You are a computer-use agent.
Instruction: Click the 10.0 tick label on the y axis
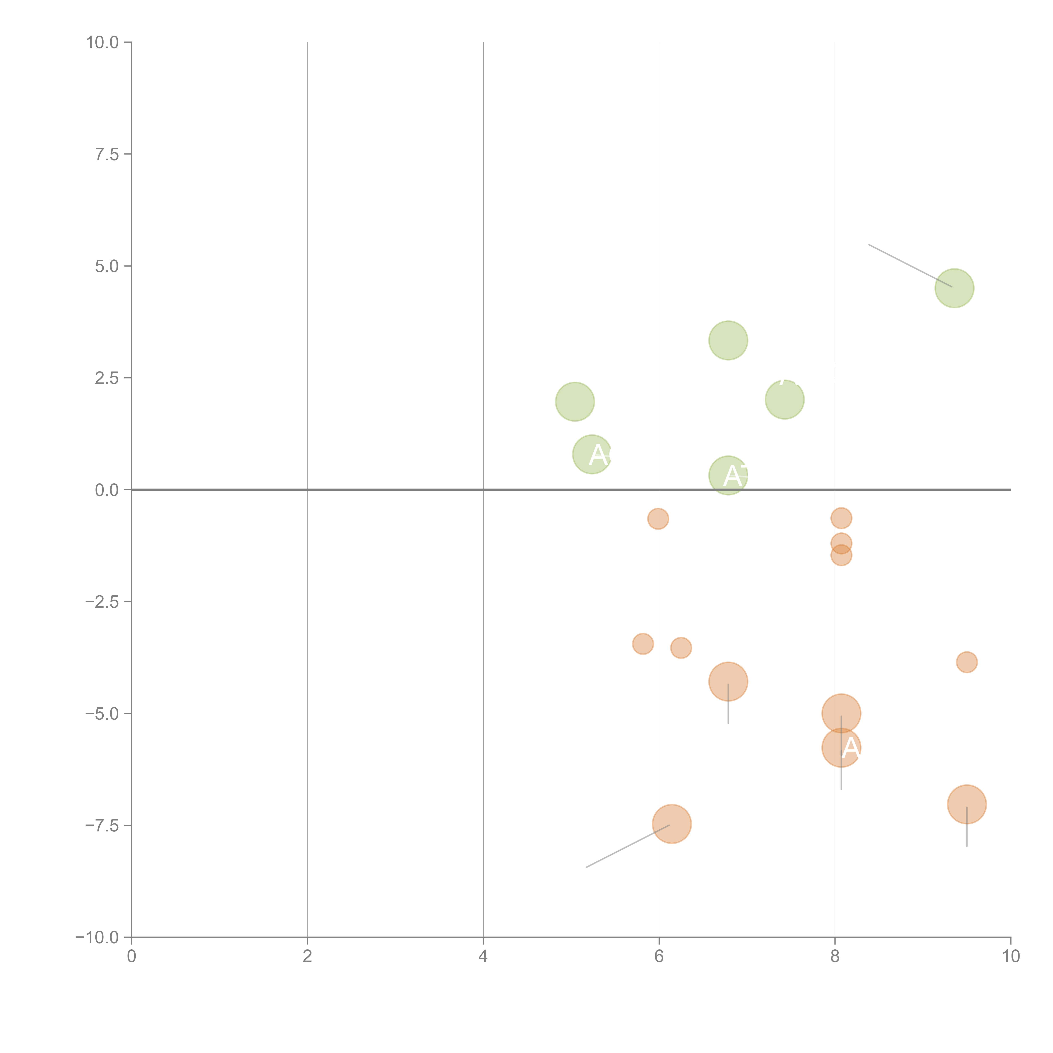point(103,43)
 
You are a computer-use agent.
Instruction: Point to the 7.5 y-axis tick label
point(107,154)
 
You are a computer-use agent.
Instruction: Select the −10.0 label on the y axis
point(97,937)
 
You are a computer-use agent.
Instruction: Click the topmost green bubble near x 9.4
point(954,288)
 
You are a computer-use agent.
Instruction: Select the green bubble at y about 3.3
point(728,340)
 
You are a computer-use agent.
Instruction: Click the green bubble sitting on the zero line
point(728,475)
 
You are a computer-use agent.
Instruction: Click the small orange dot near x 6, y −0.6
point(658,518)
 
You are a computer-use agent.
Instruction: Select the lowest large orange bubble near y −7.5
point(672,823)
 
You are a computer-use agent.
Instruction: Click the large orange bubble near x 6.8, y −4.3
point(728,681)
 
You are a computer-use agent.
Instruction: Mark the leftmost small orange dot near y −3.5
point(643,644)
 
